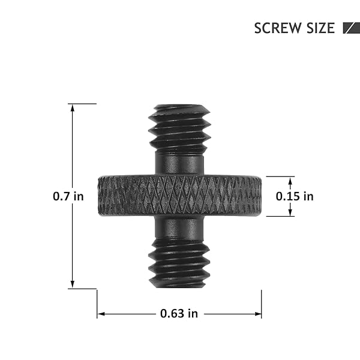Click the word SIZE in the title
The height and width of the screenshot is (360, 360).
320,28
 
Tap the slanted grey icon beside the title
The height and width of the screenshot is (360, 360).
351,28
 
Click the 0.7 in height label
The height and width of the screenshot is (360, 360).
68,196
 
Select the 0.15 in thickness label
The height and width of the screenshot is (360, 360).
295,196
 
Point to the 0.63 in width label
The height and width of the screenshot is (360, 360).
179,314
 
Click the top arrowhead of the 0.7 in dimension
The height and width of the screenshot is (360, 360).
73,108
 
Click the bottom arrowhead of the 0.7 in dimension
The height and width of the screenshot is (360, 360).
73,284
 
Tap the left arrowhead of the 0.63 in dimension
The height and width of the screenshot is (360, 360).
101,314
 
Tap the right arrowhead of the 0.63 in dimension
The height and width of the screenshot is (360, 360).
257,314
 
